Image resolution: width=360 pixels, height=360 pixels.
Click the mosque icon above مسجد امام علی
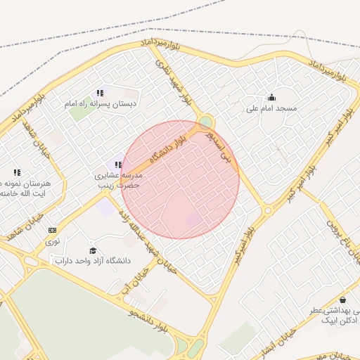(272, 97)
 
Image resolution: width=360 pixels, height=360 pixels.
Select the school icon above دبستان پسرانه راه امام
(101, 93)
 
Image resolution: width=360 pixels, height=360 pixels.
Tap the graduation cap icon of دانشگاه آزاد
(93, 251)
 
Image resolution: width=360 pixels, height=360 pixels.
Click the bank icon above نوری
(52, 230)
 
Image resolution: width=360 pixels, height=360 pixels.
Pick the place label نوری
(53, 240)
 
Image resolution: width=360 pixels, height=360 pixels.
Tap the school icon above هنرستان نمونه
(17, 172)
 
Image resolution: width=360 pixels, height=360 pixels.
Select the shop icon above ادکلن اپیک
(342, 300)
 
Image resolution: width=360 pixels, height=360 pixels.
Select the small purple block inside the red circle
(193, 220)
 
